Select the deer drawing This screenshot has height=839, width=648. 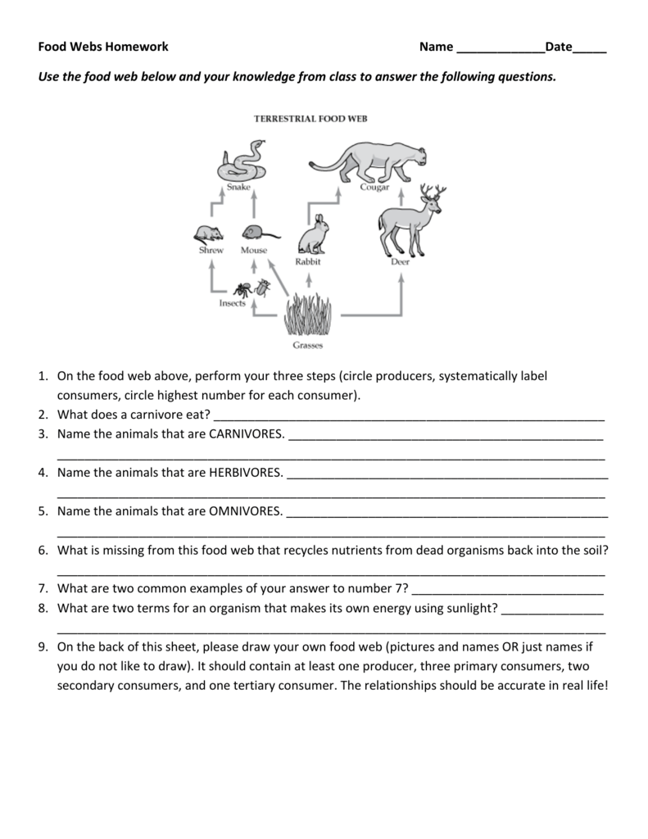pyautogui.click(x=409, y=220)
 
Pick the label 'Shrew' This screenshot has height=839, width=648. pyautogui.click(x=211, y=251)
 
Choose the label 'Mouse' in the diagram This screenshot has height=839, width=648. pyautogui.click(x=253, y=251)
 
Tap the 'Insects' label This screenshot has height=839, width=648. pyautogui.click(x=233, y=303)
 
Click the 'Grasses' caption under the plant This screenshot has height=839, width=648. pyautogui.click(x=307, y=345)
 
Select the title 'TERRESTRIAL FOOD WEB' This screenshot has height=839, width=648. pyautogui.click(x=310, y=118)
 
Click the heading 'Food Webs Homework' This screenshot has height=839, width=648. pyautogui.click(x=103, y=48)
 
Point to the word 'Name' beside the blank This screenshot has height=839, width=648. pyautogui.click(x=436, y=48)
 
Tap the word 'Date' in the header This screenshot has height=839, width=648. pyautogui.click(x=559, y=48)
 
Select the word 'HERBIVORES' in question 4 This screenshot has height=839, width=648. pyautogui.click(x=246, y=473)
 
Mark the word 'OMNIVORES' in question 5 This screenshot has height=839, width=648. pyautogui.click(x=246, y=512)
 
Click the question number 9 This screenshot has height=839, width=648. pyautogui.click(x=43, y=646)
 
